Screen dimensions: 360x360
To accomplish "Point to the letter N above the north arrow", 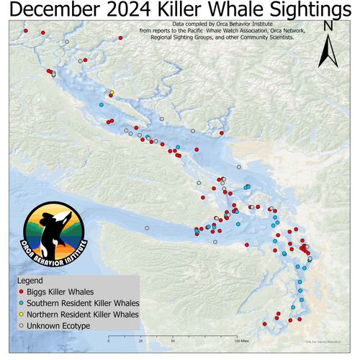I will [328, 27].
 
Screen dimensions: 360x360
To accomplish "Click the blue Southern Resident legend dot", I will [22, 304].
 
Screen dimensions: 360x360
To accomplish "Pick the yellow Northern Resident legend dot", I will [22, 315].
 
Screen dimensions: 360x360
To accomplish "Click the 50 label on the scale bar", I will [171, 340].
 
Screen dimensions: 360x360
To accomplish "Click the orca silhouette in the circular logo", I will [52, 230].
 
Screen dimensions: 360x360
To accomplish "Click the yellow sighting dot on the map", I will [112, 92].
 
